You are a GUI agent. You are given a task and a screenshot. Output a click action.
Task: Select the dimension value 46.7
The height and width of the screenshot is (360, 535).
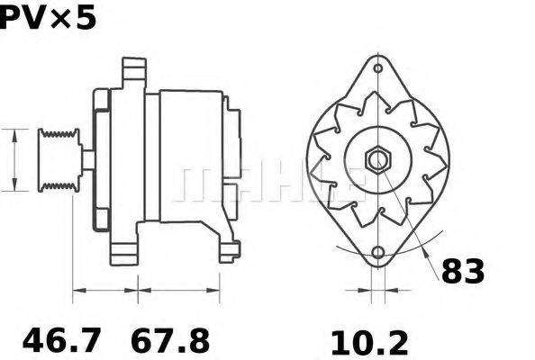(62, 340)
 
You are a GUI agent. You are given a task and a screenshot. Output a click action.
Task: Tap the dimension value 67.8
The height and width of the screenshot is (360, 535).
(170, 340)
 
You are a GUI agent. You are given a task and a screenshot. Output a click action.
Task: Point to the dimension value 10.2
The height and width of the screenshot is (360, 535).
(368, 341)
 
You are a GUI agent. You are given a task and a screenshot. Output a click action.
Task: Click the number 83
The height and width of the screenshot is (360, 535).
(462, 270)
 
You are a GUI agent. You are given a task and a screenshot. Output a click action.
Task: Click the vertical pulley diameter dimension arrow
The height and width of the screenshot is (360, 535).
(15, 159)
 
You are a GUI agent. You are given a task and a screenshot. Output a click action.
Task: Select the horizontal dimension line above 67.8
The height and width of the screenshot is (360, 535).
(178, 290)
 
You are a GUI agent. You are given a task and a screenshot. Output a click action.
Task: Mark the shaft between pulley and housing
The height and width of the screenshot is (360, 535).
(87, 160)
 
